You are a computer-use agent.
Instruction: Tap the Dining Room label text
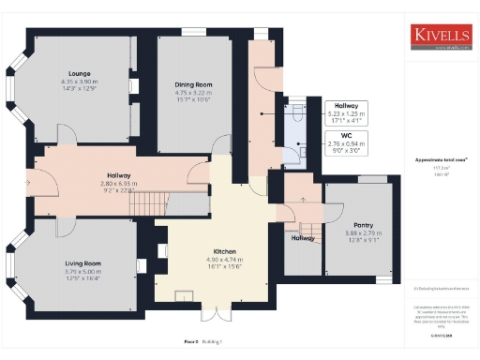(192, 84)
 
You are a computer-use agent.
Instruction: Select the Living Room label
(82, 263)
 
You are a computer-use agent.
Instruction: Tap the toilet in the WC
(297, 110)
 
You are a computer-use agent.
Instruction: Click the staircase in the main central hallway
(144, 200)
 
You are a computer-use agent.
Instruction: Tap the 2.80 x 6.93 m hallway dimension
(119, 184)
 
